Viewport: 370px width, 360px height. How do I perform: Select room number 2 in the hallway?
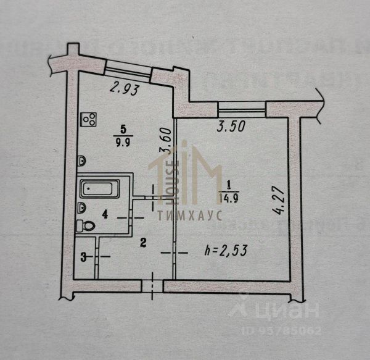(x=142, y=243)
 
